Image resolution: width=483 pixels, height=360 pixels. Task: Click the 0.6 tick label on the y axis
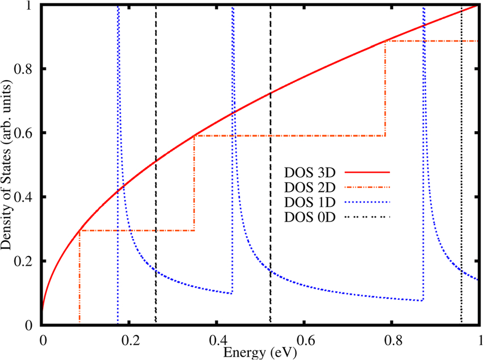click(x=27, y=133)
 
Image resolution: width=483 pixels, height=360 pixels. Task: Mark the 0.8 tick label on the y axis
click(x=27, y=69)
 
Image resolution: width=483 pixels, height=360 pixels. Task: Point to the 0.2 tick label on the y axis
click(x=27, y=261)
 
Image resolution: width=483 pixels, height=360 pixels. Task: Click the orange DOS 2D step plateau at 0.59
click(x=290, y=136)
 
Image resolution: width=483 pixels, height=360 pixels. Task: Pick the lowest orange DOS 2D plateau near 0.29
click(x=136, y=231)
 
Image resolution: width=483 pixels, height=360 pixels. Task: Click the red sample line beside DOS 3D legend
click(x=368, y=171)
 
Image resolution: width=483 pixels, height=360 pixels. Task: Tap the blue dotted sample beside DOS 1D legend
click(x=368, y=202)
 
